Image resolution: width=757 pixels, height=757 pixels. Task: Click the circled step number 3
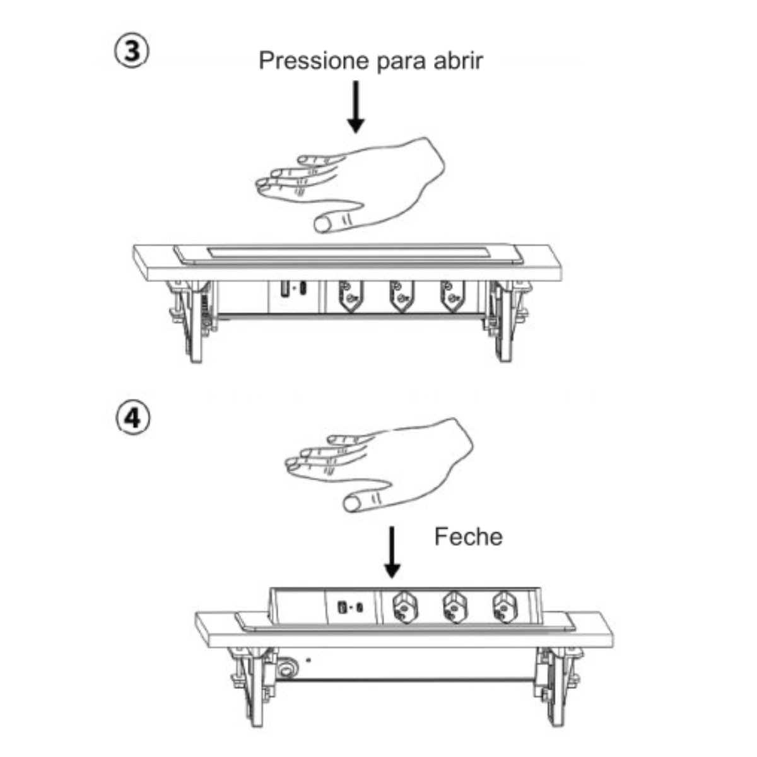[132, 51]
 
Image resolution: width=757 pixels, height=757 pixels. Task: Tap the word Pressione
[314, 61]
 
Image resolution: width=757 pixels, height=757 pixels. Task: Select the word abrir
[457, 61]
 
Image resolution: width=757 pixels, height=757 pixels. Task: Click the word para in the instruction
[401, 63]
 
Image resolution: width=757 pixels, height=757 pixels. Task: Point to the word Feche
[468, 537]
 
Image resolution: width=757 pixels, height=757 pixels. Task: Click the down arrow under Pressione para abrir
[356, 107]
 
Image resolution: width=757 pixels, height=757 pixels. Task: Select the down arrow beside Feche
[392, 553]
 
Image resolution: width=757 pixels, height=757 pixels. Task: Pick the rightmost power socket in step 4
[503, 609]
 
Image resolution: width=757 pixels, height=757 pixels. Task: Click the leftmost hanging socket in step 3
[350, 296]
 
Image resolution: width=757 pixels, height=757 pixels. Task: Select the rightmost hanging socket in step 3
[452, 296]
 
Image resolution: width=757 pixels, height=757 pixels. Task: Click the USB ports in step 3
[293, 289]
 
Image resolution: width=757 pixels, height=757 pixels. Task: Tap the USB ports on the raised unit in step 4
[350, 607]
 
